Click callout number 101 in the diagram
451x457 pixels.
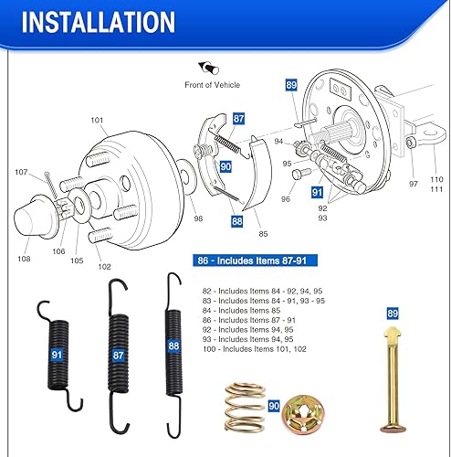click(99, 119)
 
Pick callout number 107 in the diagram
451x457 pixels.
click(21, 172)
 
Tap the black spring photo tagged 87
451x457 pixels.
click(119, 353)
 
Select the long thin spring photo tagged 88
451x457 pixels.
click(173, 346)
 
